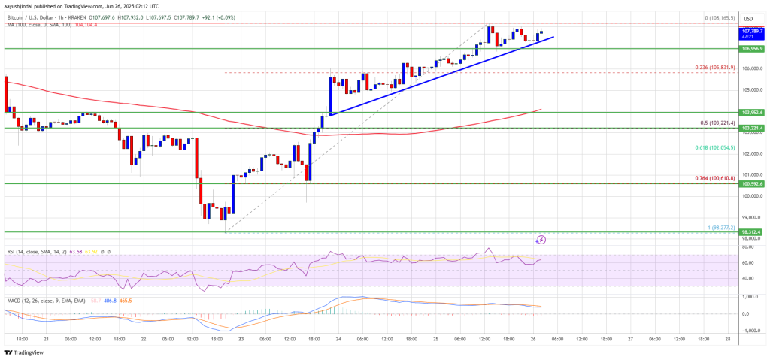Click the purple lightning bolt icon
541,240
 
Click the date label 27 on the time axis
629,339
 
